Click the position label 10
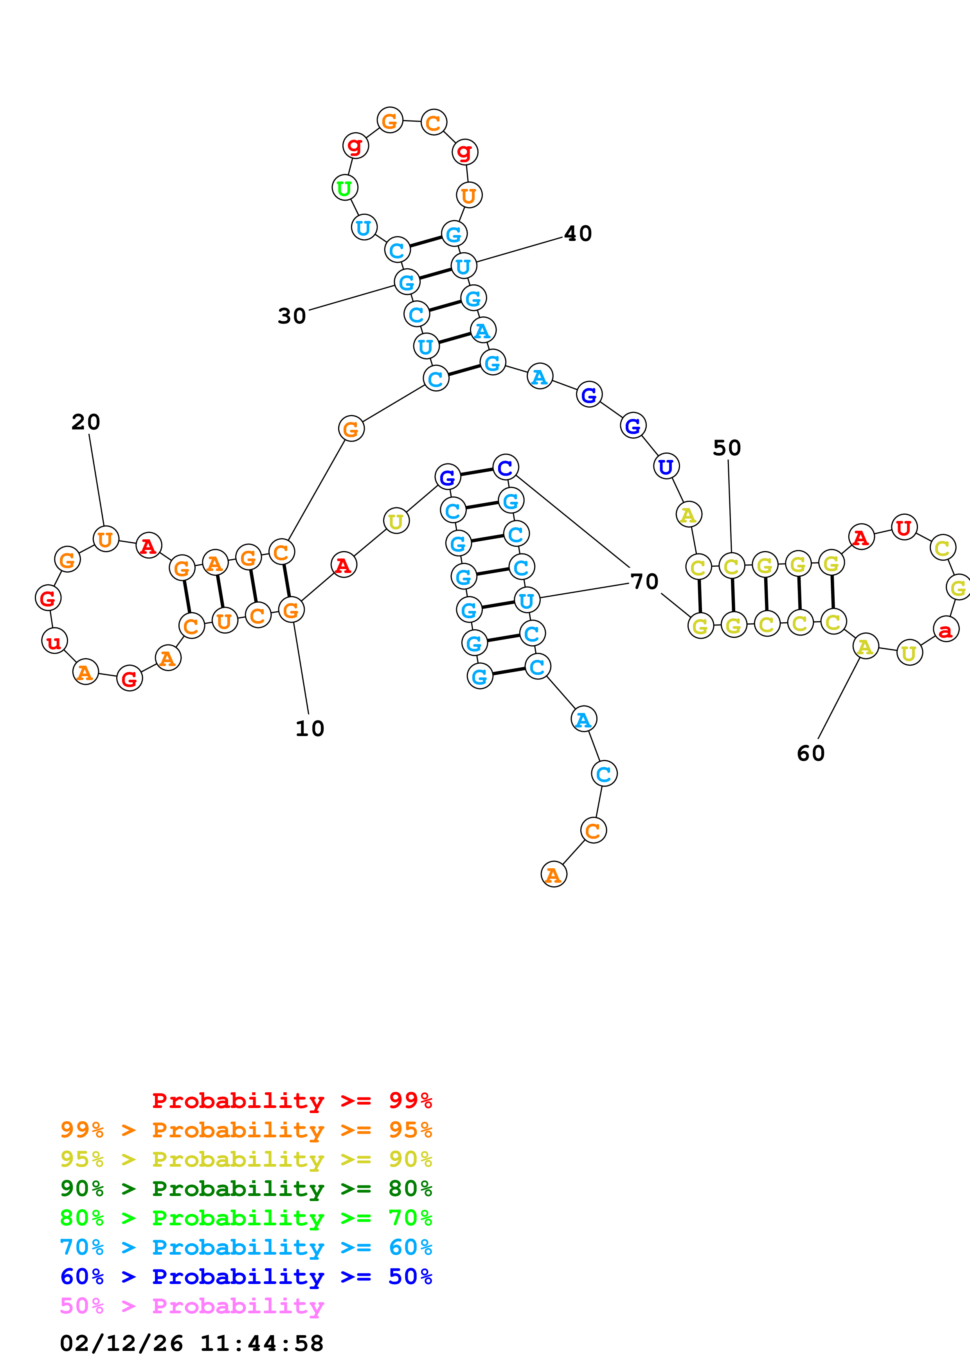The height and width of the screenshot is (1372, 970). tap(310, 728)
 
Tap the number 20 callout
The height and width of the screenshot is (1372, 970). tap(85, 422)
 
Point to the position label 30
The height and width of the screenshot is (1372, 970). tap(292, 316)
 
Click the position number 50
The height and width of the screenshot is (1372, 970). tap(727, 447)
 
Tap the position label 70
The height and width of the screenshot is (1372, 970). tap(644, 582)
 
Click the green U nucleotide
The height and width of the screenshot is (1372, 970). tap(344, 188)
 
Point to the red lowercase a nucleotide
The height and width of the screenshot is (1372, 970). tap(945, 629)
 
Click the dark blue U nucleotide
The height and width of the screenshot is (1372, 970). tap(666, 467)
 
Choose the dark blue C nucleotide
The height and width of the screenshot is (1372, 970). tap(506, 467)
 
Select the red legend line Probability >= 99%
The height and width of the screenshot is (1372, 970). tap(292, 1101)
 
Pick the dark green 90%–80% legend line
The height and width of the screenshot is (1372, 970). tap(246, 1189)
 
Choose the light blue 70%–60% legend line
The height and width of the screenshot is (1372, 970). tap(246, 1248)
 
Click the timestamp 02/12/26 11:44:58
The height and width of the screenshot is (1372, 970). tap(192, 1344)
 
